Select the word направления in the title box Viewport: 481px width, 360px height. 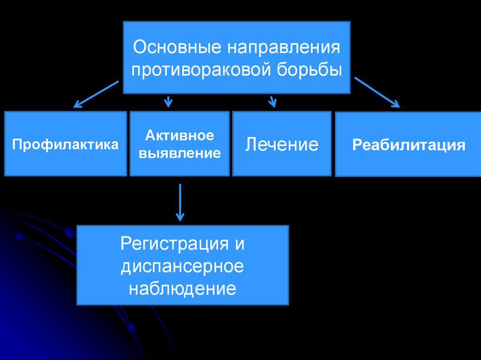click(284, 48)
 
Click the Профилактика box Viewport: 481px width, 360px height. click(65, 144)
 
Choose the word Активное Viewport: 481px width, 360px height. click(179, 136)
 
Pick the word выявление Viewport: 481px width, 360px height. click(179, 153)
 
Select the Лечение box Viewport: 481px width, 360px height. click(281, 144)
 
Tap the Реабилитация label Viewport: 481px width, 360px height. click(409, 145)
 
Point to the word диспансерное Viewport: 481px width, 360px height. click(182, 266)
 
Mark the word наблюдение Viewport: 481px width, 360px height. click(182, 288)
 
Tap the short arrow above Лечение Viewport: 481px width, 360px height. click(272, 100)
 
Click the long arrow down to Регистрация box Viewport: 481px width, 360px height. click(180, 202)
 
